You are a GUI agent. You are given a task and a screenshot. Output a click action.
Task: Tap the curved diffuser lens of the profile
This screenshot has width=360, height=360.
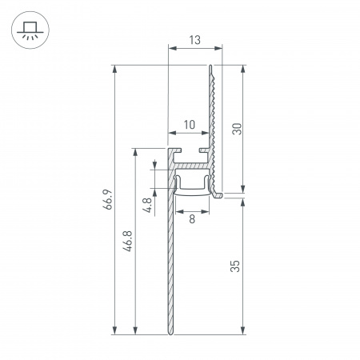(x=192, y=189)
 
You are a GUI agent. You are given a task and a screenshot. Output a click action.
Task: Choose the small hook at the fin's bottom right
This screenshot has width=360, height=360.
(x=220, y=192)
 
